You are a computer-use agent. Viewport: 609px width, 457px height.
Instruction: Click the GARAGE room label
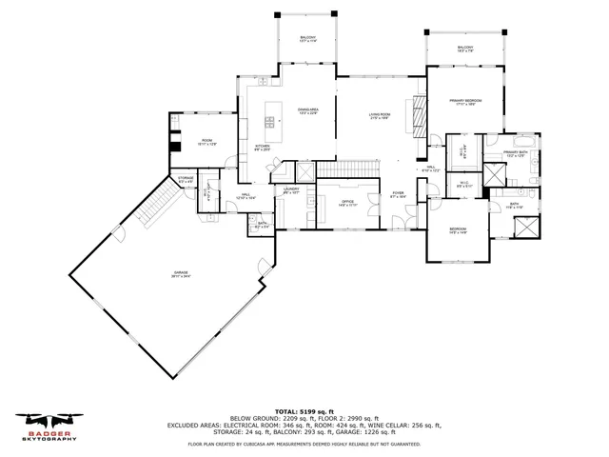coord(181,275)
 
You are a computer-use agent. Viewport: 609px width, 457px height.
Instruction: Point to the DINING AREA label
coord(306,111)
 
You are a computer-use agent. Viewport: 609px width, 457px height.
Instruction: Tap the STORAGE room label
coord(186,179)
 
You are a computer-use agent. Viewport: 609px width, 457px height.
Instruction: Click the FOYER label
coord(397,195)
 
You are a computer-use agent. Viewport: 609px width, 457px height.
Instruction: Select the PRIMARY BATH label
coord(515,154)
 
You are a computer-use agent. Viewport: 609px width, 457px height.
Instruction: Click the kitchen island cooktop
coord(270,120)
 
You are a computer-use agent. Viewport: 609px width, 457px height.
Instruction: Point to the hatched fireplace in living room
coord(415,114)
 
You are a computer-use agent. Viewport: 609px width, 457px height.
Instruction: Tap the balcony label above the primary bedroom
coord(465,50)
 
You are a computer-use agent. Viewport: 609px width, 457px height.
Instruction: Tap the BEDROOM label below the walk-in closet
coord(459,229)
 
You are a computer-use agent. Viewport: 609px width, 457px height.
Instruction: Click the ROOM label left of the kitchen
coord(206,142)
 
